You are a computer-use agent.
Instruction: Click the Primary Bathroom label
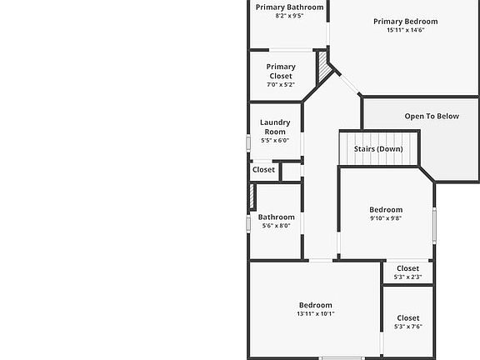pyautogui.click(x=290, y=7)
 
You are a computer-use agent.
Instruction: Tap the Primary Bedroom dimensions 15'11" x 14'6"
pyautogui.click(x=406, y=30)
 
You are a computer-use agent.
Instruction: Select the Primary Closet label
pyautogui.click(x=281, y=72)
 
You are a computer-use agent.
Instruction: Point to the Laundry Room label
pyautogui.click(x=275, y=127)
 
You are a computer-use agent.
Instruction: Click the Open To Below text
pyautogui.click(x=432, y=117)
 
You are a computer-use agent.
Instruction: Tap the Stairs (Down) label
pyautogui.click(x=378, y=149)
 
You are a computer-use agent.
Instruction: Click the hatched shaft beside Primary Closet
pyautogui.click(x=324, y=67)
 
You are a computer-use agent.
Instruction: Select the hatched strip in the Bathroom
pyautogui.click(x=252, y=196)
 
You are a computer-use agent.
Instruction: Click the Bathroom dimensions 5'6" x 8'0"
pyautogui.click(x=276, y=226)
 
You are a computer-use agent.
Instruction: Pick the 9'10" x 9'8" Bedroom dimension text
pyautogui.click(x=386, y=218)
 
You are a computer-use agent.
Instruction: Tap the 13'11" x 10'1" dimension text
pyautogui.click(x=316, y=314)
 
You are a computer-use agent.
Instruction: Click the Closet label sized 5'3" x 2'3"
pyautogui.click(x=407, y=268)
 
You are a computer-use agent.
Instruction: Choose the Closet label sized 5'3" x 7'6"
pyautogui.click(x=408, y=318)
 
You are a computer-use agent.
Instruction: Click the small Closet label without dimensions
pyautogui.click(x=263, y=170)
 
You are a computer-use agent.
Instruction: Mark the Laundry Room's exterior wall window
pyautogui.click(x=248, y=143)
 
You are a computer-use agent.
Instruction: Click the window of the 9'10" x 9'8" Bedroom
pyautogui.click(x=434, y=225)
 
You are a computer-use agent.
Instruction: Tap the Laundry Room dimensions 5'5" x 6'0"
pyautogui.click(x=275, y=141)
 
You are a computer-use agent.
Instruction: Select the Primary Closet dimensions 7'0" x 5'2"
pyautogui.click(x=281, y=85)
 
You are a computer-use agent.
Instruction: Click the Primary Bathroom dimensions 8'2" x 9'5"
pyautogui.click(x=289, y=16)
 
